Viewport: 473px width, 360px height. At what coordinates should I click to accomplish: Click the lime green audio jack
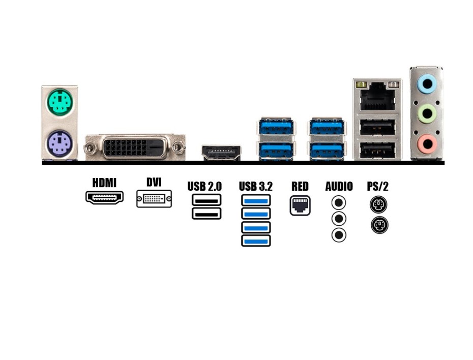click(x=426, y=114)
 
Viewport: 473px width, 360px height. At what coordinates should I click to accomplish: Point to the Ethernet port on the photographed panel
click(x=377, y=97)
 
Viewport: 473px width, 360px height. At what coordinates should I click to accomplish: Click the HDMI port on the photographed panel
click(x=221, y=153)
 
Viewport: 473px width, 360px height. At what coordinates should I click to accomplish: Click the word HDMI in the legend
click(x=104, y=183)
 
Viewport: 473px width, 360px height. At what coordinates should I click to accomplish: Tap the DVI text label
click(x=154, y=182)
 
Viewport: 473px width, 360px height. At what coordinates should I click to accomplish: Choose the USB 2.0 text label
click(x=204, y=186)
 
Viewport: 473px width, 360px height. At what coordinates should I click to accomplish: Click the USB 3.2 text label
click(x=255, y=186)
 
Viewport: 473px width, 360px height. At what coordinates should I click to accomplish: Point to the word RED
click(x=300, y=186)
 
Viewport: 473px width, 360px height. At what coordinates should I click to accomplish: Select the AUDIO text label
click(x=339, y=186)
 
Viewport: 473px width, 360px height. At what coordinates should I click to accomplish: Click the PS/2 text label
click(x=378, y=186)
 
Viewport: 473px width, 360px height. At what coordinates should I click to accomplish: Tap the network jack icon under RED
click(x=300, y=205)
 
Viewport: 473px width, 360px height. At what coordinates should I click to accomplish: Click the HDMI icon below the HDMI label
click(x=104, y=197)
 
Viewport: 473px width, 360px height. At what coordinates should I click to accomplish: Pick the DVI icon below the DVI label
click(x=154, y=199)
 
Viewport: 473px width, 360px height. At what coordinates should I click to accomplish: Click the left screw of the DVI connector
click(x=91, y=148)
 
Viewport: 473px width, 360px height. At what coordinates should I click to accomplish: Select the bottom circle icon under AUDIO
click(x=339, y=235)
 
